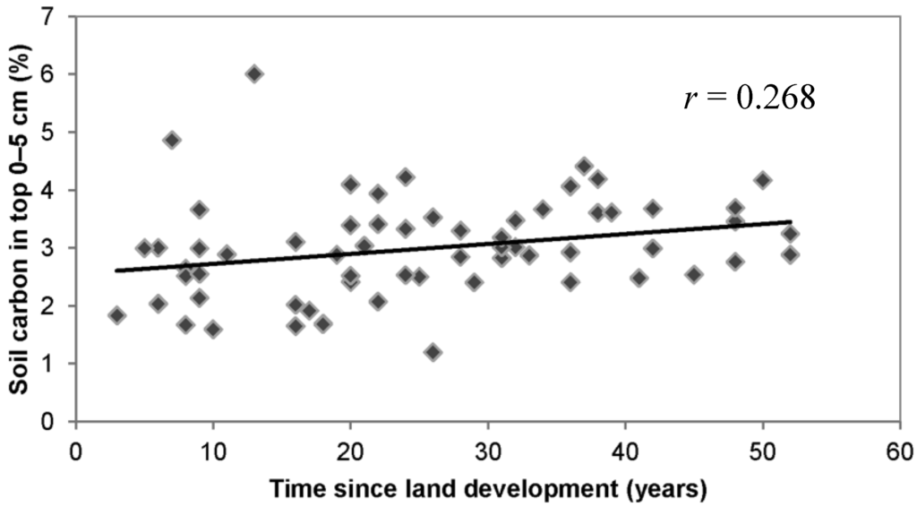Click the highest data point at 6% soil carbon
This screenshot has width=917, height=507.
pos(254,73)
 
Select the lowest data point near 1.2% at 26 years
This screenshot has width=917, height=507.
pos(433,352)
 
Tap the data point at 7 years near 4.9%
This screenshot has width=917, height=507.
pos(172,140)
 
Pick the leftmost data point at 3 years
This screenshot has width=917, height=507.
pos(116,315)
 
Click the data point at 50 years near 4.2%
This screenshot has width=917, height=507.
pos(763,180)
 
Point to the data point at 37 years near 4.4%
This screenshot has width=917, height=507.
pos(584,166)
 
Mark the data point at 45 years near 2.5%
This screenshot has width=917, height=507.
pos(694,274)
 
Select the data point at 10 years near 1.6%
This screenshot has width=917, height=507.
pos(213,329)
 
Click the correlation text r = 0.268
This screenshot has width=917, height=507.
pos(749,99)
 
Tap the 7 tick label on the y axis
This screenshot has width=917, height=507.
pos(57,16)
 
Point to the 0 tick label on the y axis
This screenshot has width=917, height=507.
pos(57,422)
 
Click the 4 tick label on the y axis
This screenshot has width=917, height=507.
pos(57,190)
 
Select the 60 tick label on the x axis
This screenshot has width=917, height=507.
pos(899,446)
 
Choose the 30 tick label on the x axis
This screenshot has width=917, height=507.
pos(488,446)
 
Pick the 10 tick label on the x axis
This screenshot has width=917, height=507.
pos(213,446)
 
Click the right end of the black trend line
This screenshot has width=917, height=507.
pos(791,221)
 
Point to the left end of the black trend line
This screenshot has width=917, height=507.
pos(116,271)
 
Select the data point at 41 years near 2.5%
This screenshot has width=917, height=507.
pos(639,278)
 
